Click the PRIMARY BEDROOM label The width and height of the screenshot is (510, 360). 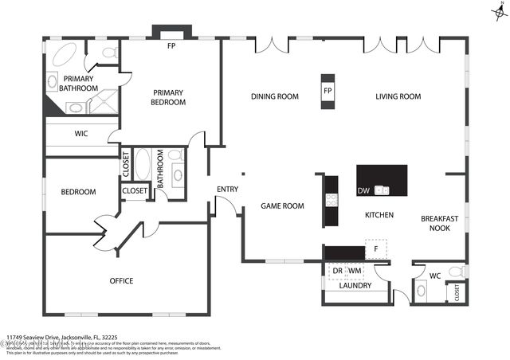[x=169, y=97]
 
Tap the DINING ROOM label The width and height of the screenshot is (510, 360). [x=274, y=96]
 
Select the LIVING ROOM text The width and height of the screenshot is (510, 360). [x=398, y=96]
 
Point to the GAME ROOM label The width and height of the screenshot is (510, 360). [x=283, y=206]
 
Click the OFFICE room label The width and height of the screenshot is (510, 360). [x=121, y=280]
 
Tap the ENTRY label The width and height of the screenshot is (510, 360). [x=227, y=189]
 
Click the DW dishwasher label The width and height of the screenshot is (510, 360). [x=363, y=190]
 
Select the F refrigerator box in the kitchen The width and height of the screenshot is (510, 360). [x=375, y=248]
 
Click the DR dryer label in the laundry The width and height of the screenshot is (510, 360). [x=337, y=271]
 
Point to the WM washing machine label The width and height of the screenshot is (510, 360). [x=355, y=271]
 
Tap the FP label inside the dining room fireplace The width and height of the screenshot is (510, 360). [x=328, y=92]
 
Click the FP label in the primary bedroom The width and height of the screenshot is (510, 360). [x=171, y=45]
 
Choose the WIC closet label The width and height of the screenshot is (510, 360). [x=80, y=133]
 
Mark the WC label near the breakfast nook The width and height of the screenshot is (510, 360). [x=435, y=276]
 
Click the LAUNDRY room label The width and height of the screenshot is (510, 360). [x=355, y=286]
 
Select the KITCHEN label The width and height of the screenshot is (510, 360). [x=379, y=215]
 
